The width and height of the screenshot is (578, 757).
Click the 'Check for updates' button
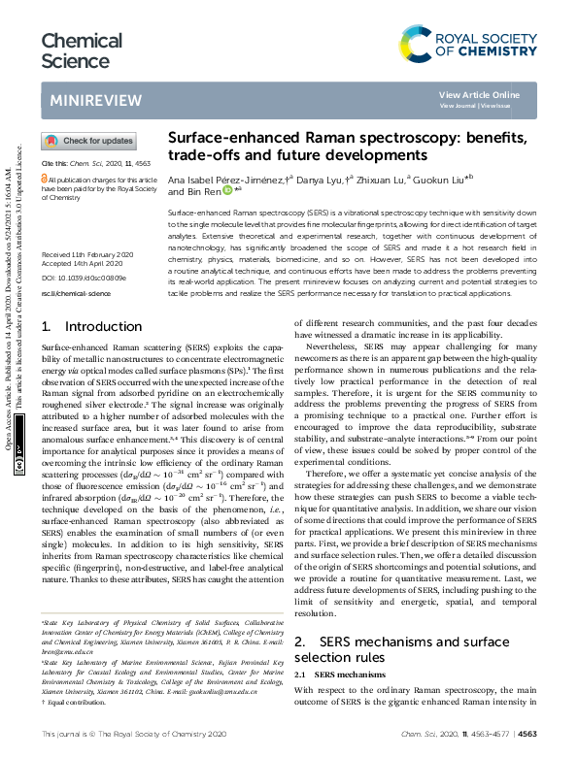[x=88, y=141]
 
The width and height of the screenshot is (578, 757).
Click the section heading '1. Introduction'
[x=82, y=327]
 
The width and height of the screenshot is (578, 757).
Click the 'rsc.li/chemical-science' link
[x=79, y=263]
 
